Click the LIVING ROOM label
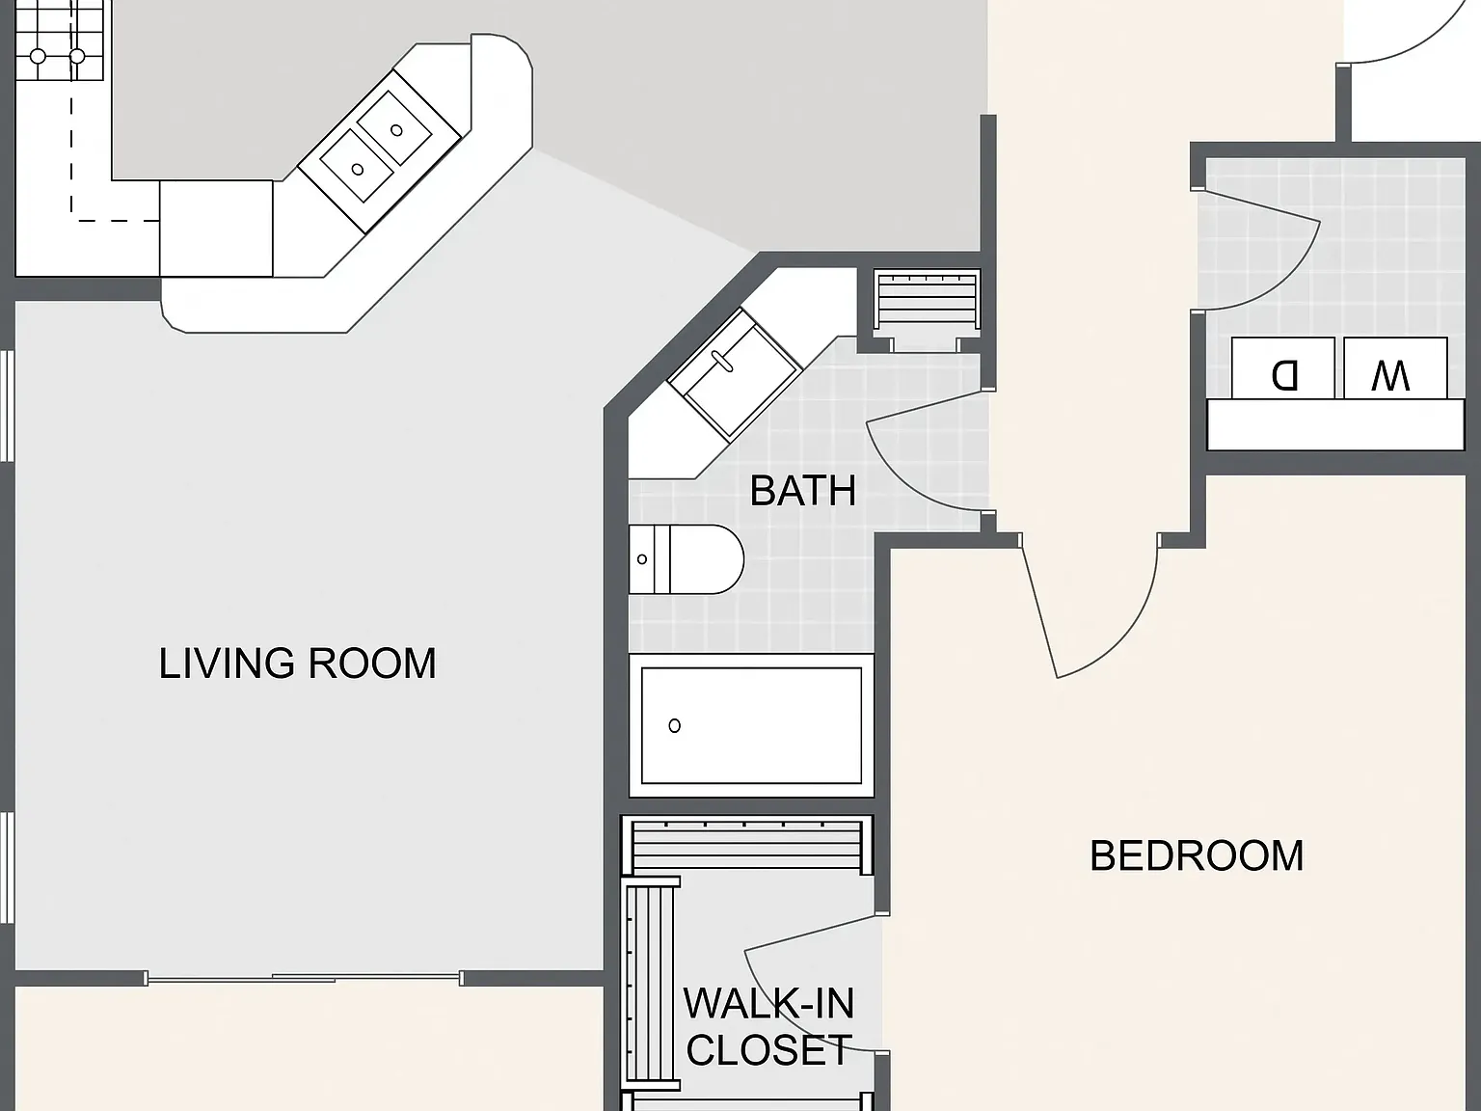pyautogui.click(x=298, y=664)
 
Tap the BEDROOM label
pyautogui.click(x=1197, y=856)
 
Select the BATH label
pyautogui.click(x=803, y=491)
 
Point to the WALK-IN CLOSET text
pyautogui.click(x=769, y=1026)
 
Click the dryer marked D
pyautogui.click(x=1282, y=368)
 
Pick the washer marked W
pyautogui.click(x=1395, y=368)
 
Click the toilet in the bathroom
pyautogui.click(x=686, y=559)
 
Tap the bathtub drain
pyautogui.click(x=674, y=726)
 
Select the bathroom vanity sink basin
pyautogui.click(x=734, y=376)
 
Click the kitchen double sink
pyautogui.click(x=379, y=149)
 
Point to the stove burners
pyautogui.click(x=59, y=41)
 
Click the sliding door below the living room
pyautogui.click(x=304, y=978)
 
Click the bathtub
pyautogui.click(x=752, y=726)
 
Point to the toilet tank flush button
pyautogui.click(x=641, y=559)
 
